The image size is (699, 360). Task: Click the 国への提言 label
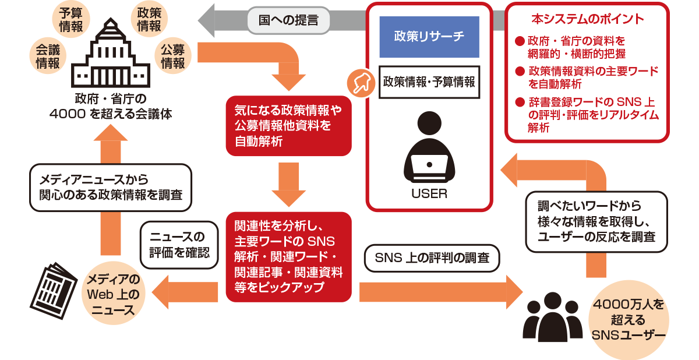[290, 20]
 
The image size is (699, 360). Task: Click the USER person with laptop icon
[429, 149]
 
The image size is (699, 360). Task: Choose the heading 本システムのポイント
[587, 19]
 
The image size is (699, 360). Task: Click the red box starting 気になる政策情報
[288, 126]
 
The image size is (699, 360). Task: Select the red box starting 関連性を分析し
[288, 256]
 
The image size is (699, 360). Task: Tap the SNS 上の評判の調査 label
[432, 257]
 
